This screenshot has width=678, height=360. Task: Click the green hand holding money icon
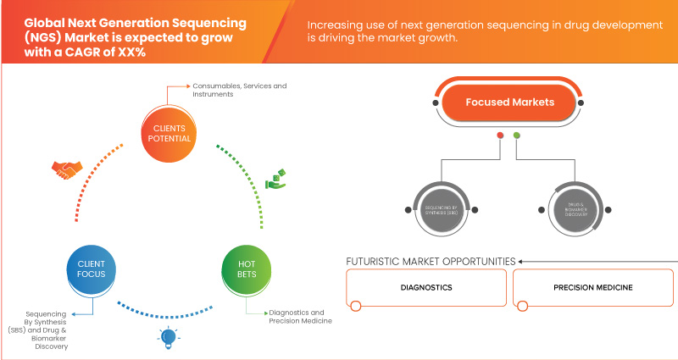277,179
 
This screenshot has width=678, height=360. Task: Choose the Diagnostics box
426,288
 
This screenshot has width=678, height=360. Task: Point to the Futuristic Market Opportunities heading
431,261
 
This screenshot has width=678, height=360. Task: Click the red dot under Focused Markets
500,135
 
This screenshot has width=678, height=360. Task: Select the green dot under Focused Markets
517,135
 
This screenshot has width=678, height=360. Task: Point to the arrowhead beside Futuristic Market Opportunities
521,261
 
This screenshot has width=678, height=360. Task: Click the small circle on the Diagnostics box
356,306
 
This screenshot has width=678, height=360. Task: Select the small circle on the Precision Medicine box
523,306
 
